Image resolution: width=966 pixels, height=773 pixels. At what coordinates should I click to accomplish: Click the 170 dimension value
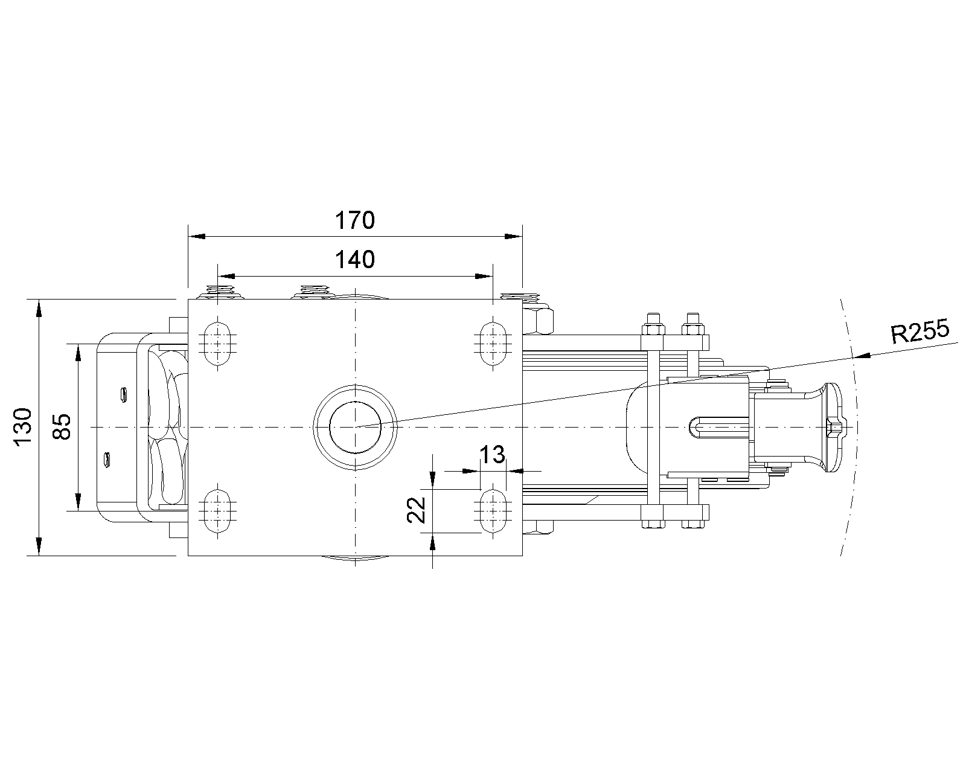(x=354, y=220)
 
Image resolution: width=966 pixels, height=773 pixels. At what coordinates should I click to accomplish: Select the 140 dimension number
(x=354, y=260)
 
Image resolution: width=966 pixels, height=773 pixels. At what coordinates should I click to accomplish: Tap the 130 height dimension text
(x=24, y=427)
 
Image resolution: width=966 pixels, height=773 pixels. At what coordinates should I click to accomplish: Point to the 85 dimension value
(x=62, y=427)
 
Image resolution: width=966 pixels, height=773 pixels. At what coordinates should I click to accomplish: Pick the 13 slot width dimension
(x=493, y=455)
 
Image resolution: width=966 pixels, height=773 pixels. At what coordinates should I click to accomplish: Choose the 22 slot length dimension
(x=416, y=510)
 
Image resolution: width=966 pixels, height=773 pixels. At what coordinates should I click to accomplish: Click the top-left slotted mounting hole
(x=218, y=343)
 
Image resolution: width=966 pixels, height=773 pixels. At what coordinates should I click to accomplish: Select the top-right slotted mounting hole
(x=493, y=343)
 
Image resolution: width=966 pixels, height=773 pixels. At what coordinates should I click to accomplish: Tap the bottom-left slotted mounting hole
(x=218, y=511)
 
